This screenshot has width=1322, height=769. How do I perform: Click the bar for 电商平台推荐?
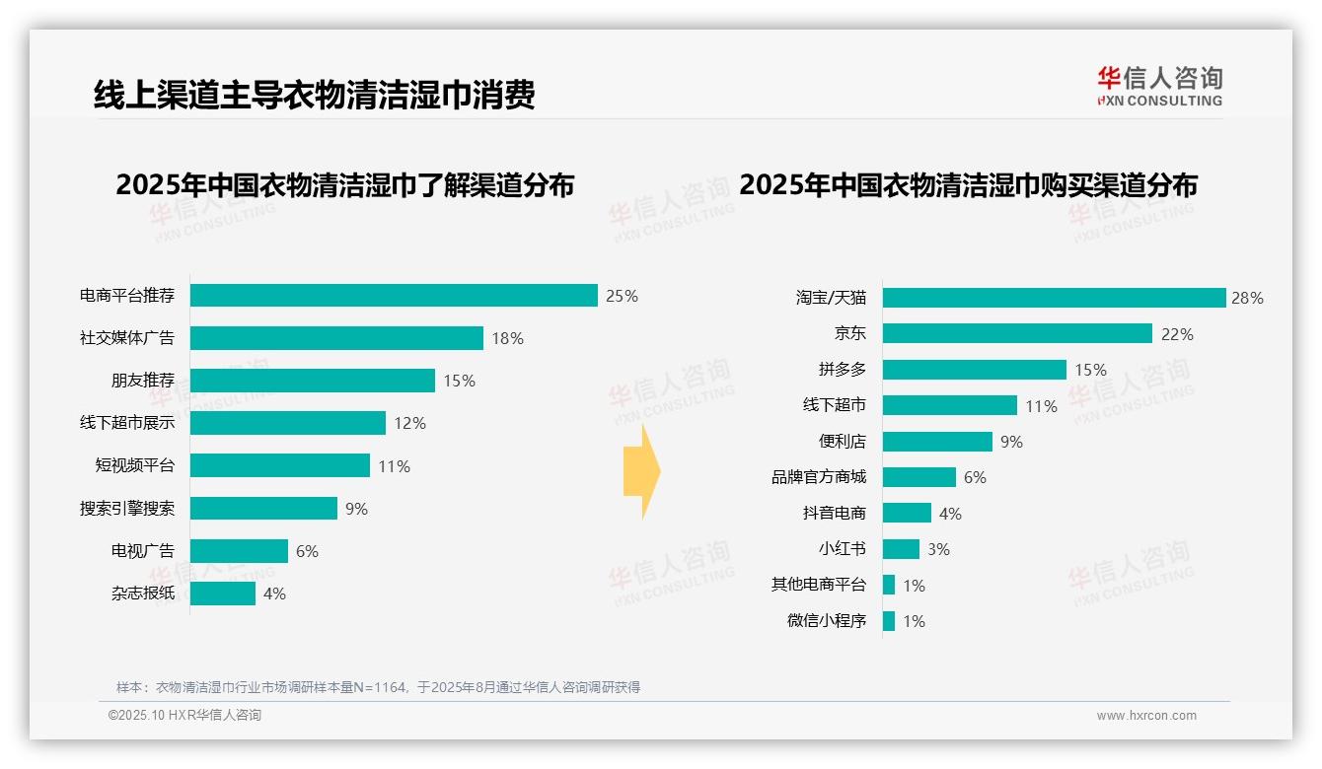pos(394,296)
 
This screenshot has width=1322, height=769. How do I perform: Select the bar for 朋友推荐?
pos(312,381)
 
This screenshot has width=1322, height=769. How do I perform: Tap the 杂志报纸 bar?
pos(223,594)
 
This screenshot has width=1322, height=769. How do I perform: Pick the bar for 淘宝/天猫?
pos(1054,298)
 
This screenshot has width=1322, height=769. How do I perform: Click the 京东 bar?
pos(1017,333)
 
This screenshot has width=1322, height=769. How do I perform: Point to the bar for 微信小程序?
pos(889,621)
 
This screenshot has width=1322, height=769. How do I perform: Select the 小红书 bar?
pos(901,549)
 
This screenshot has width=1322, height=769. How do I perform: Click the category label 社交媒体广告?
pos(127,338)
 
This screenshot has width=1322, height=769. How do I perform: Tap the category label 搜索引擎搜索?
pos(127,509)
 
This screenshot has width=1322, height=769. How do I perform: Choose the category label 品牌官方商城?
pos(819,477)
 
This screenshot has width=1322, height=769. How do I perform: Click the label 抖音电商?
pos(835,513)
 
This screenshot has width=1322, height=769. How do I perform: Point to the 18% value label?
pos(507,338)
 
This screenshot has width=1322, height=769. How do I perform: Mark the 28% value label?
pos(1247,298)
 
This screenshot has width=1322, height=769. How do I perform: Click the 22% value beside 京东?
pos(1177,334)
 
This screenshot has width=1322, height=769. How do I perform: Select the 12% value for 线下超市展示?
pos(409,423)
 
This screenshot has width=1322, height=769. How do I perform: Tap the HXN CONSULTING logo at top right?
pos(1159,87)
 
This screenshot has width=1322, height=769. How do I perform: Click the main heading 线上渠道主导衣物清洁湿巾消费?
pos(315,95)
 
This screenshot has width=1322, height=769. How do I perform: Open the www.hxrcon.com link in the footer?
pos(1146,716)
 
